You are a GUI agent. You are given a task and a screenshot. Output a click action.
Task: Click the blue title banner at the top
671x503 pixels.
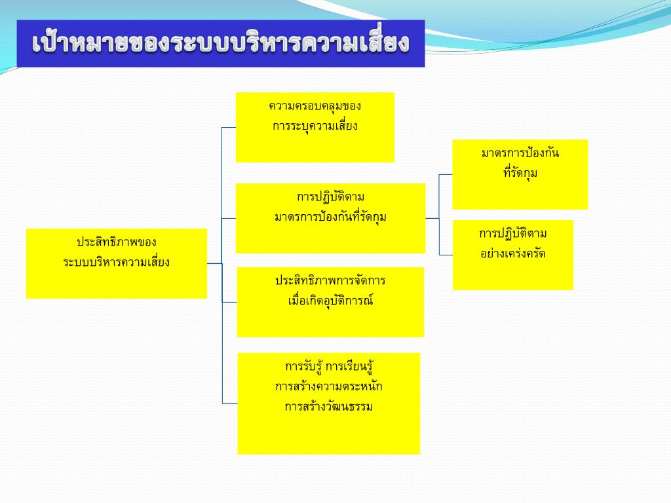tap(221, 43)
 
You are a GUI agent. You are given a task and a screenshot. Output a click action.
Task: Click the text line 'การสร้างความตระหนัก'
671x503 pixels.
tap(328, 386)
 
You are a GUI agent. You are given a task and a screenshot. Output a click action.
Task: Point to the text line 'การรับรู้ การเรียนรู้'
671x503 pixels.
tap(328, 365)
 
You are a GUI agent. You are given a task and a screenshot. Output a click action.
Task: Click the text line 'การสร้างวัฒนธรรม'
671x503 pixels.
tap(328, 407)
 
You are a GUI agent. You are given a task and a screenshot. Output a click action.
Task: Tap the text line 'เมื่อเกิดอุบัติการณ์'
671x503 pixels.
tap(330, 301)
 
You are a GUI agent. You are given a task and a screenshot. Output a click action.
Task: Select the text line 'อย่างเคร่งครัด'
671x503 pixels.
tap(512, 253)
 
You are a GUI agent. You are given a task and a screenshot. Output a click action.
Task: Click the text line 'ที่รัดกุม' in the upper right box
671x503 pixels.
tap(520, 174)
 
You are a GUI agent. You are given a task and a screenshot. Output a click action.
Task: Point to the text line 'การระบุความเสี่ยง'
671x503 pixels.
tap(315, 126)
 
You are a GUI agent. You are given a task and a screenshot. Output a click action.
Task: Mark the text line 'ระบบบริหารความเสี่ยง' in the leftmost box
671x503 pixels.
tap(117, 262)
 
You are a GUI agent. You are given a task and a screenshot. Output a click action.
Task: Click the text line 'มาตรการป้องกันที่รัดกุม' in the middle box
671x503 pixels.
tap(330, 217)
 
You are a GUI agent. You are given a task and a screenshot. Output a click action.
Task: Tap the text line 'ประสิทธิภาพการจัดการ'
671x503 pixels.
tap(330, 281)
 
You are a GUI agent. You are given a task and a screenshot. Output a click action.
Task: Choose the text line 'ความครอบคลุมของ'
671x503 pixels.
tap(315, 105)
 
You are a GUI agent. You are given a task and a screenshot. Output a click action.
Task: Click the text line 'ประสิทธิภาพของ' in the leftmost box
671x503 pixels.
tap(117, 242)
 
